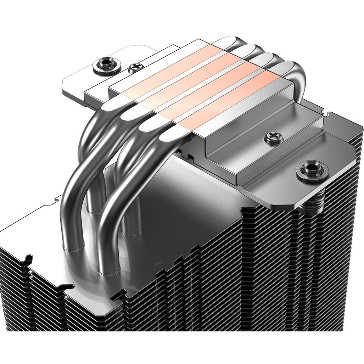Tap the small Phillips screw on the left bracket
(135, 67)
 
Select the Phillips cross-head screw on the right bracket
(271, 138)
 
